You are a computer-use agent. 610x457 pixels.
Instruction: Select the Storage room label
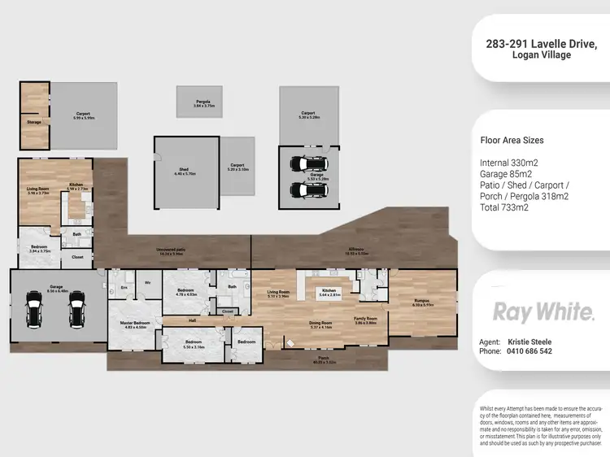click(33, 122)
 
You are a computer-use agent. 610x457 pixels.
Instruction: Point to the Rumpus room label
click(421, 301)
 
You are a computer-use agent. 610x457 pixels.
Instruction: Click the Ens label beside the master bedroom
click(124, 286)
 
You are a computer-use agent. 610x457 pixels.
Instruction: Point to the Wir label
click(148, 282)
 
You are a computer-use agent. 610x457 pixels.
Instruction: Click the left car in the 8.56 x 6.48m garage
click(34, 310)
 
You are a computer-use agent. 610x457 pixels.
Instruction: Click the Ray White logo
click(544, 312)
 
